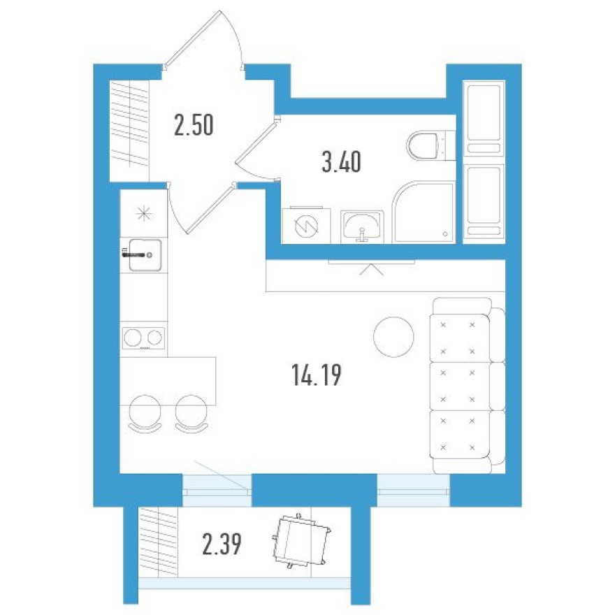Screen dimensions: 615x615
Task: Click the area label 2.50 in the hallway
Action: tap(194, 126)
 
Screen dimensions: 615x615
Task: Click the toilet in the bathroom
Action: tap(424, 145)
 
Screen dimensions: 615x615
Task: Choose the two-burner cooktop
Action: tap(143, 338)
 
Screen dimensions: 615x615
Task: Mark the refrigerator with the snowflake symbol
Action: tap(143, 213)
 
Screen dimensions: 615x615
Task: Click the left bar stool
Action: tap(145, 412)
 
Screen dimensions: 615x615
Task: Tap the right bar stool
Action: tap(191, 412)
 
